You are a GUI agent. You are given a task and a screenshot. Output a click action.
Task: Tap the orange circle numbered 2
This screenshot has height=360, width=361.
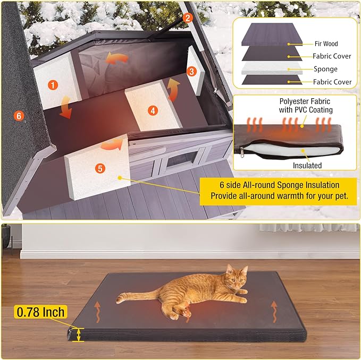coord(187,18)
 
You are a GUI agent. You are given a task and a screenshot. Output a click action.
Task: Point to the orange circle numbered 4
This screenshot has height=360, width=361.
coord(153,110)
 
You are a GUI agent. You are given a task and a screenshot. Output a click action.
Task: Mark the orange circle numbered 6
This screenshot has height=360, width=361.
coord(19,115)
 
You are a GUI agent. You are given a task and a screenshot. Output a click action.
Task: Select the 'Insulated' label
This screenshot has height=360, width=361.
coord(307,166)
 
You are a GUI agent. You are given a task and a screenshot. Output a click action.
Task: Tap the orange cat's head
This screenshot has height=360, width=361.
coord(236,278)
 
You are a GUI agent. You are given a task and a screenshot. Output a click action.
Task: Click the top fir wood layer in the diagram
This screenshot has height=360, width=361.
coord(272,37)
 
